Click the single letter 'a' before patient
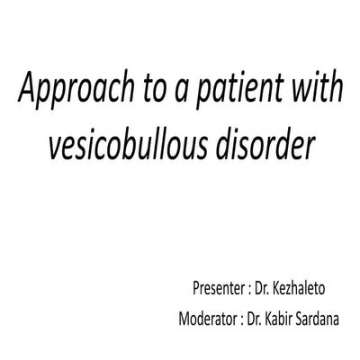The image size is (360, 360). [187, 92]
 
